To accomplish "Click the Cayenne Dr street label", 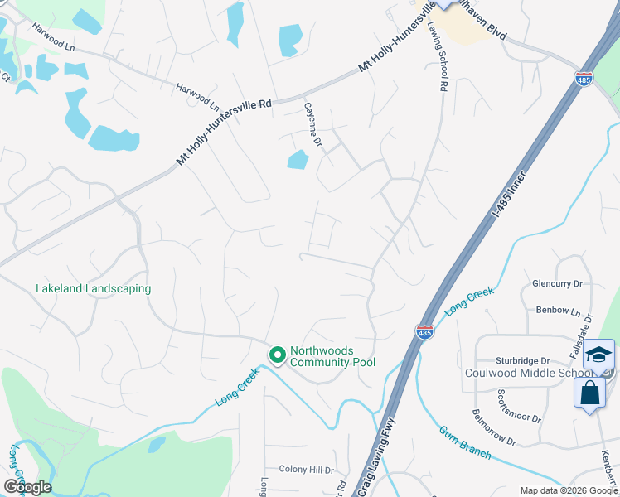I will click(x=312, y=125).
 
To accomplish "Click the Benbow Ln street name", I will click(x=558, y=311).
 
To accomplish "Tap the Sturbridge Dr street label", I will click(x=523, y=361).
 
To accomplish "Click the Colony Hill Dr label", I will click(x=304, y=468).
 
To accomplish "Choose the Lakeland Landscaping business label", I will click(x=93, y=289).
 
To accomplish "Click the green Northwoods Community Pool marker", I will click(x=278, y=355).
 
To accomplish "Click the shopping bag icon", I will click(x=589, y=392).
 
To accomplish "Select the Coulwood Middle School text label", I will click(x=528, y=373).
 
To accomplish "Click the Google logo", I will click(x=28, y=486).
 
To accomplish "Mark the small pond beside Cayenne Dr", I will click(x=298, y=159).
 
